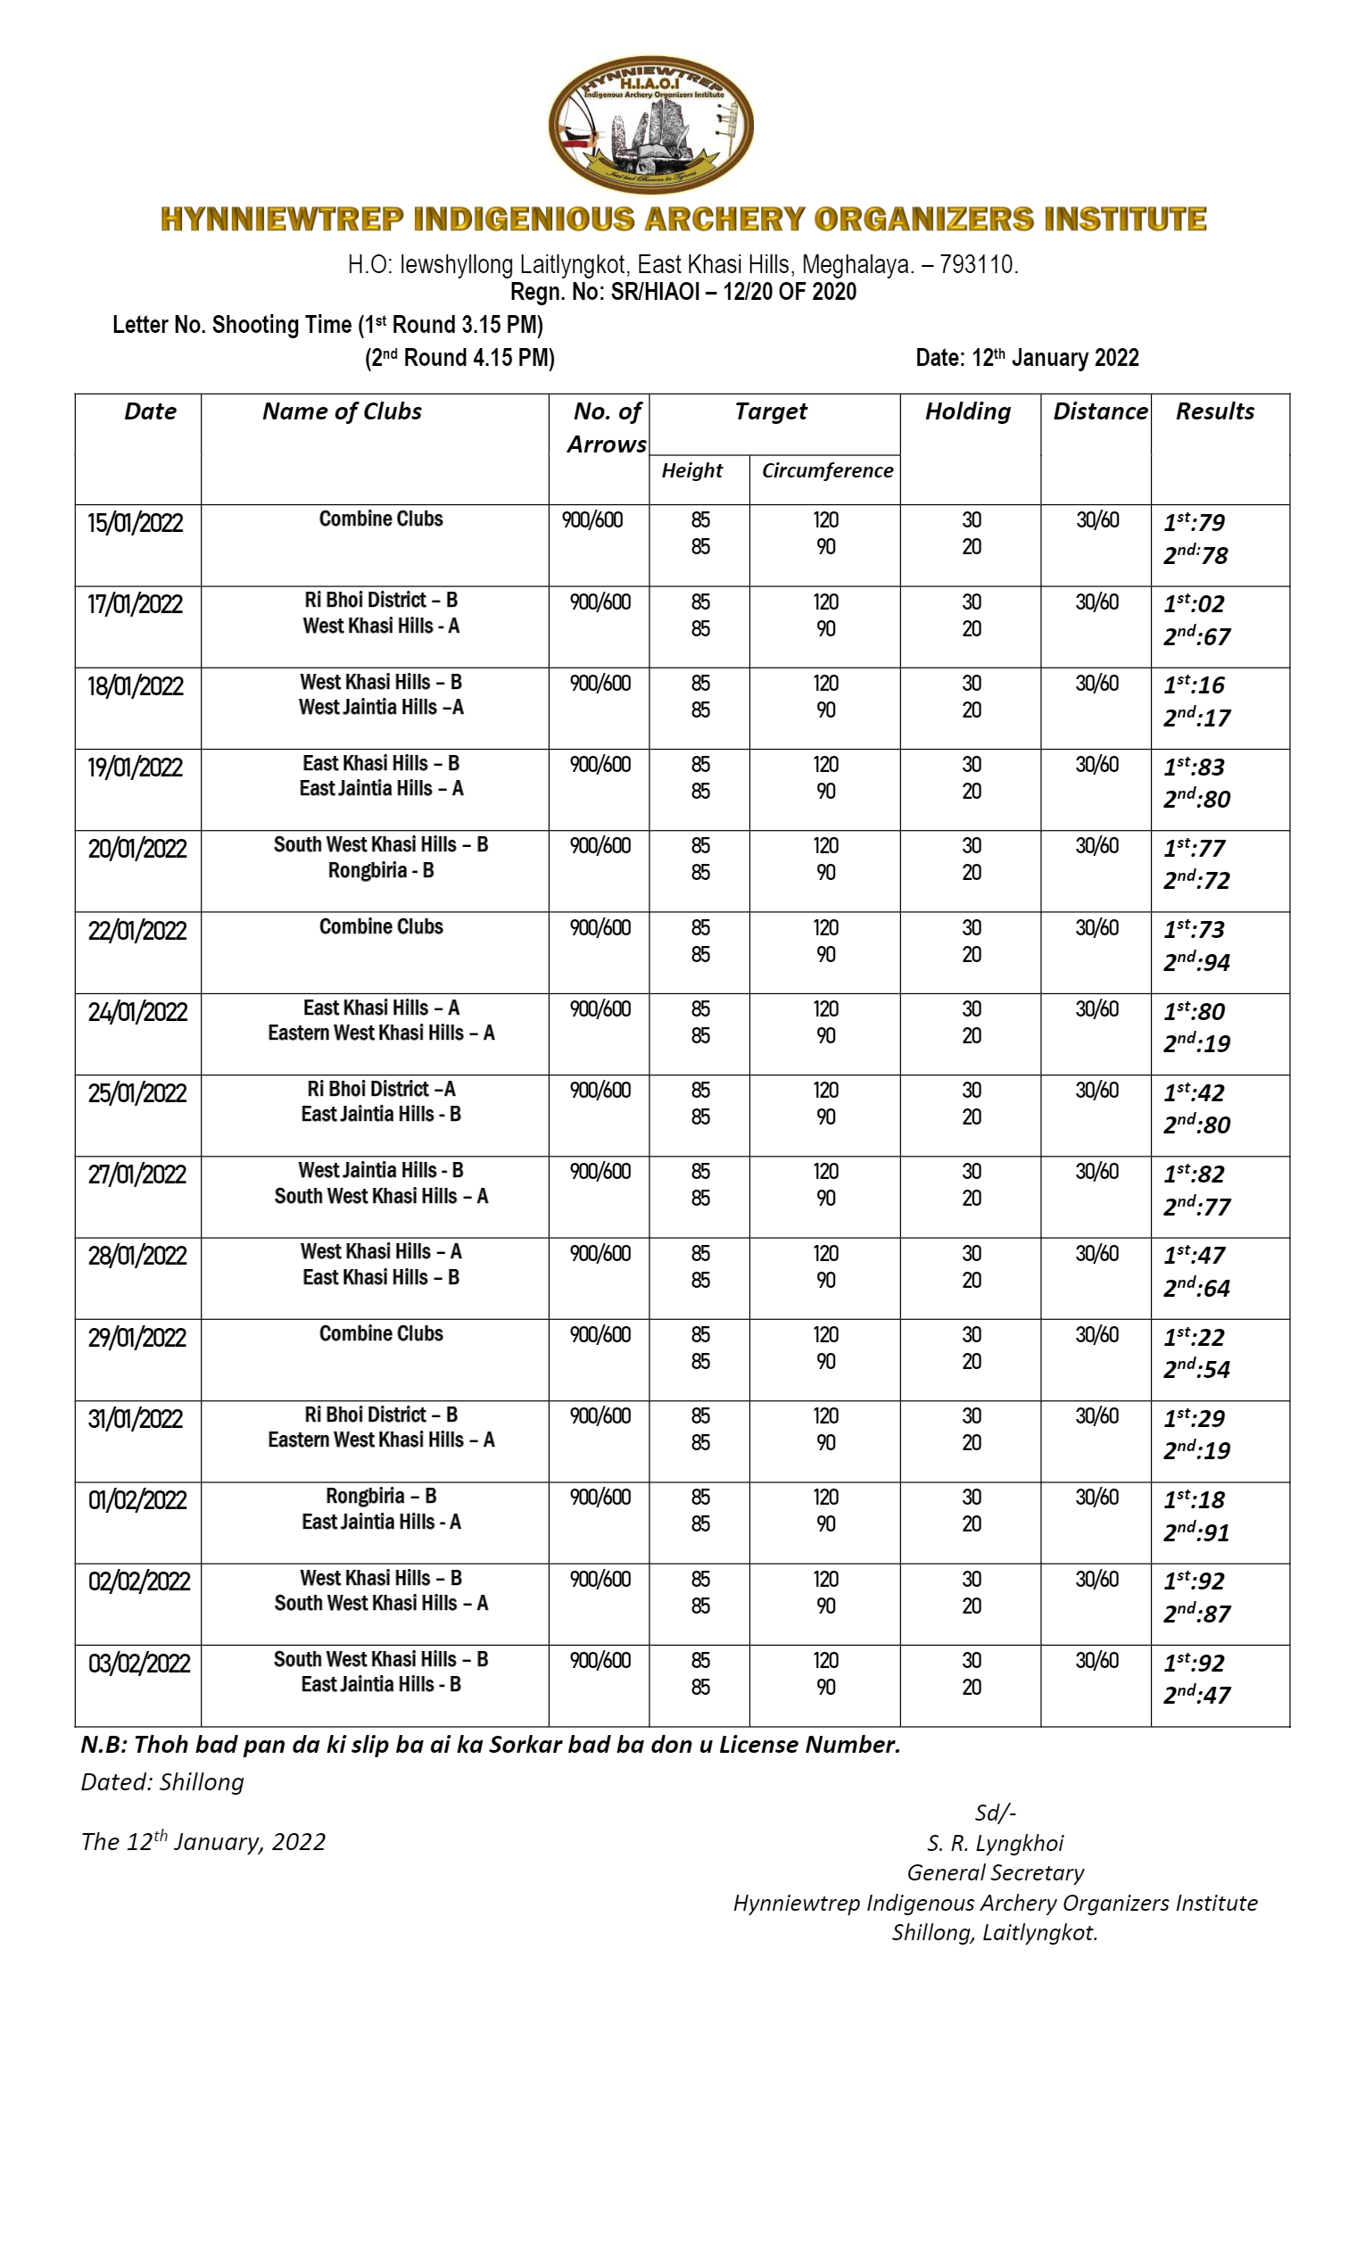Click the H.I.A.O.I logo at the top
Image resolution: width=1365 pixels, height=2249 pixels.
[649, 126]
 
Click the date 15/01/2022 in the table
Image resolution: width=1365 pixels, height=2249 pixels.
[135, 523]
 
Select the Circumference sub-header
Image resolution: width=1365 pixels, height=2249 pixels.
[827, 471]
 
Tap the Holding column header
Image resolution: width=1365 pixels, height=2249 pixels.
[967, 411]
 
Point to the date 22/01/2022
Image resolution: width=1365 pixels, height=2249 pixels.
[136, 930]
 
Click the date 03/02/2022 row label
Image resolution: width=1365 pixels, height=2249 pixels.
[138, 1662]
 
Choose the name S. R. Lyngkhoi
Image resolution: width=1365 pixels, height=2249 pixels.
[995, 1844]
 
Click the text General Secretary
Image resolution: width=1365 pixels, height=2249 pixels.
[995, 1873]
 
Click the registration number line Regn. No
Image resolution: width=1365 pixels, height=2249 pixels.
[682, 292]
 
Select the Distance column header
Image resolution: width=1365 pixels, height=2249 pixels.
[1099, 411]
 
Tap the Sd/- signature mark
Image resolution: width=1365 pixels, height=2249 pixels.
[995, 1813]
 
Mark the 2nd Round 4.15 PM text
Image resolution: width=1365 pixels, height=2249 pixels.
[459, 358]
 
